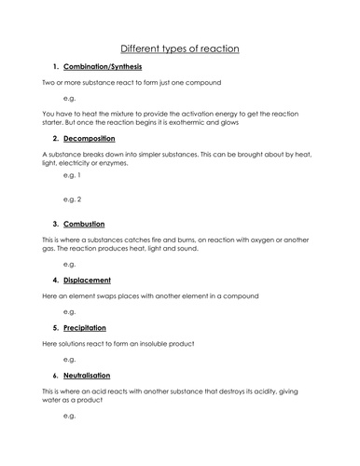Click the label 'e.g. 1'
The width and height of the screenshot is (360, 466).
click(x=72, y=174)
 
